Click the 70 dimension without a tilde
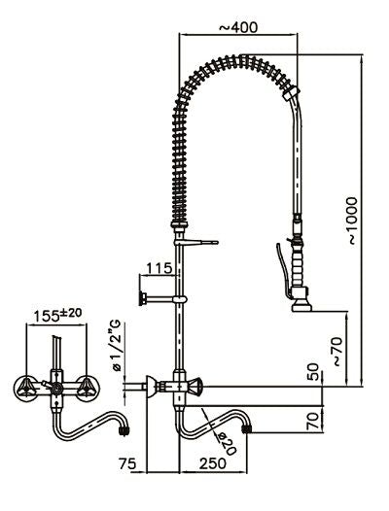point(312,422)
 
